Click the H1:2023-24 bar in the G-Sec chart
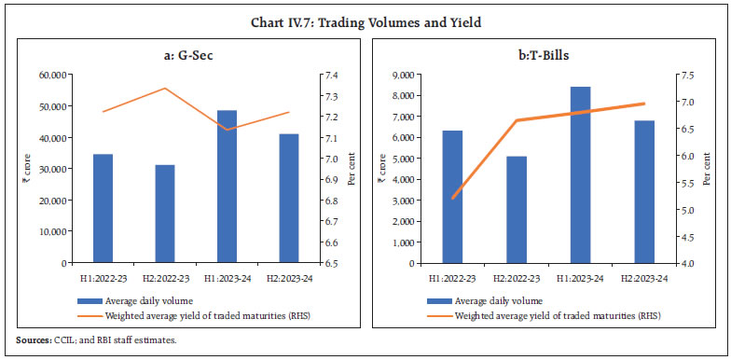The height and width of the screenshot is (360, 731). pos(228,187)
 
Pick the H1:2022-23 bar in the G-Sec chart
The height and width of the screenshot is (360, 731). pos(103,208)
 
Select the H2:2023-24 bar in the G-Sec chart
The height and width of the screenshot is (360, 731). pos(290,198)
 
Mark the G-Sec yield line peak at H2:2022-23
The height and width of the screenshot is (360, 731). pos(165,89)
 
